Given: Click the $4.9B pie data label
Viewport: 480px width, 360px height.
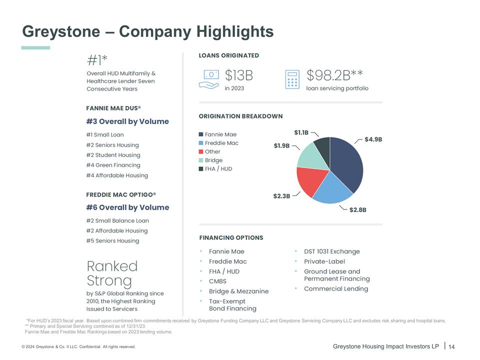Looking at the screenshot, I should pos(373,139).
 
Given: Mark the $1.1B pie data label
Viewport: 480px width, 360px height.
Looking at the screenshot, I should pos(301,132).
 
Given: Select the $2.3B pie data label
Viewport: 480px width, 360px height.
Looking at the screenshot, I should pos(281,196).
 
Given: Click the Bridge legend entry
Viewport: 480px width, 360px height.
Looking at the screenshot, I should pos(213,160).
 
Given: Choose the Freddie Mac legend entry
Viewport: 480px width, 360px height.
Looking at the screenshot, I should pos(221,143).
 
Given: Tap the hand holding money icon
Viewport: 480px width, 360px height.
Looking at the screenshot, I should pos(209,79).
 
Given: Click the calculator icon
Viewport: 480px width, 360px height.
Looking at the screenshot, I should pos(292,79).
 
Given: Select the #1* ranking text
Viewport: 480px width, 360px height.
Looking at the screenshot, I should pos(97,61).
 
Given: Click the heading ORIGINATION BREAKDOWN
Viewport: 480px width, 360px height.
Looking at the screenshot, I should pos(240,116).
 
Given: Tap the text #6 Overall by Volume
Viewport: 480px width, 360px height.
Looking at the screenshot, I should pos(127,207).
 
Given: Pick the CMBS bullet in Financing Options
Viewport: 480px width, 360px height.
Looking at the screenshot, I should pos(217,281).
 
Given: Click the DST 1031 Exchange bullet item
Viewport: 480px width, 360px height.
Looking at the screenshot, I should pos(331,251).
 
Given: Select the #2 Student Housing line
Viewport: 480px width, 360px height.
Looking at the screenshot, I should pos(113,155).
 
